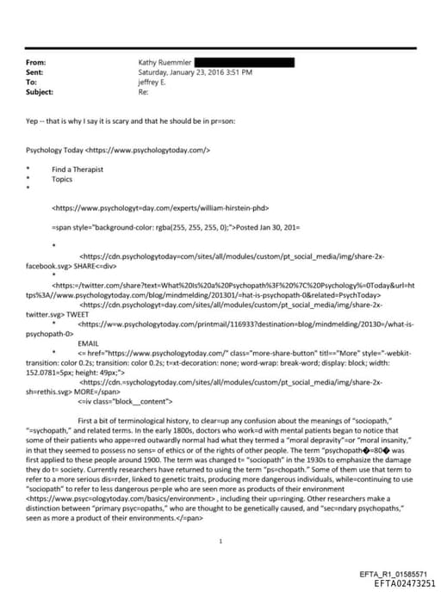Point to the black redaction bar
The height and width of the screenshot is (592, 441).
pyautogui.click(x=245, y=63)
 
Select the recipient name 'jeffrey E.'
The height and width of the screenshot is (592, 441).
pyautogui.click(x=154, y=82)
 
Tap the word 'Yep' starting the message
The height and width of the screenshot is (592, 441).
pyautogui.click(x=33, y=121)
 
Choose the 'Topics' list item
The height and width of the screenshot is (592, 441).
pyautogui.click(x=62, y=179)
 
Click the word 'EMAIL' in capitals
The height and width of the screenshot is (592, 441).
pyautogui.click(x=88, y=342)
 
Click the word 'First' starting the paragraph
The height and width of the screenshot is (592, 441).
pyautogui.click(x=87, y=419)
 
